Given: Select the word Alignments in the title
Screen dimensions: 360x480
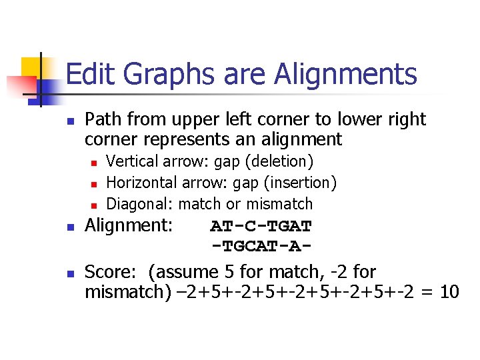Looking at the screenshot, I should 347,74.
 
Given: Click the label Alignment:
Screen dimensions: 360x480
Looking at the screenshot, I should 129,225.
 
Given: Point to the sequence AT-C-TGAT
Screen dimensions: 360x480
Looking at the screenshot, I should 261,226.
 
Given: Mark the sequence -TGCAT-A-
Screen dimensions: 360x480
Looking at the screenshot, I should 261,246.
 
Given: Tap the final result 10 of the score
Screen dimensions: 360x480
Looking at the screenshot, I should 449,292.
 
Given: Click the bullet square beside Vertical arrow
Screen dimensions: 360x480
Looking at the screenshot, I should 95,163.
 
